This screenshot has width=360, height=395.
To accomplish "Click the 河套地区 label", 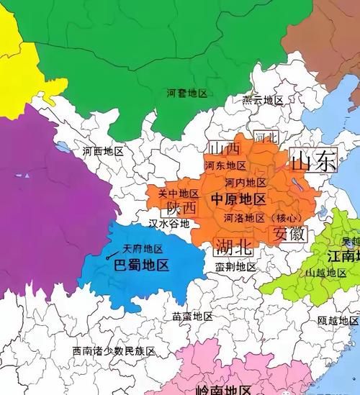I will tap(186, 94).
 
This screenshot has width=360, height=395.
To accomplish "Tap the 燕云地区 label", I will tap(263, 100).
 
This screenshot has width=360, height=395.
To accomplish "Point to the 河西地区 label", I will tap(103, 152).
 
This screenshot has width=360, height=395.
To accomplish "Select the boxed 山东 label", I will tap(313, 160).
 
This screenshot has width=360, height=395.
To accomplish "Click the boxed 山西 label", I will tap(224, 149).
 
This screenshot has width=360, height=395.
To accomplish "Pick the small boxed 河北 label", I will tap(265, 136).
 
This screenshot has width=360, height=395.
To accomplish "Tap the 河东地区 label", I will tap(225, 165).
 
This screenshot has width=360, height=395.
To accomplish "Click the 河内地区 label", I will tap(246, 183).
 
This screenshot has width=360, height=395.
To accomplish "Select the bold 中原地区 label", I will tap(239, 199).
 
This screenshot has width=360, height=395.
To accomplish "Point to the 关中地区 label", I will tap(179, 194).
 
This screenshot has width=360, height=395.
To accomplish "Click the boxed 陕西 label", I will tap(181, 208).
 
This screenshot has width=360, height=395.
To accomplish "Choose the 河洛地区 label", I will tap(244, 217).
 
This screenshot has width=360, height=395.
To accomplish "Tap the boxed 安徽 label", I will tap(289, 234).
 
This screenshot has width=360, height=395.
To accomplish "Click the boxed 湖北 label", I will tap(234, 248).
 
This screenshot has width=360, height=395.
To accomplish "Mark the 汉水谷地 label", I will tap(169, 224).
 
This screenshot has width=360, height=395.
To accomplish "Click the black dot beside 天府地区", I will tap(108, 256).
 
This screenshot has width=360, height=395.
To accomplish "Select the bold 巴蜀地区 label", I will tap(142, 265).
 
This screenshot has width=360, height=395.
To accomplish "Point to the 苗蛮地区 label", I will tap(193, 317).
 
